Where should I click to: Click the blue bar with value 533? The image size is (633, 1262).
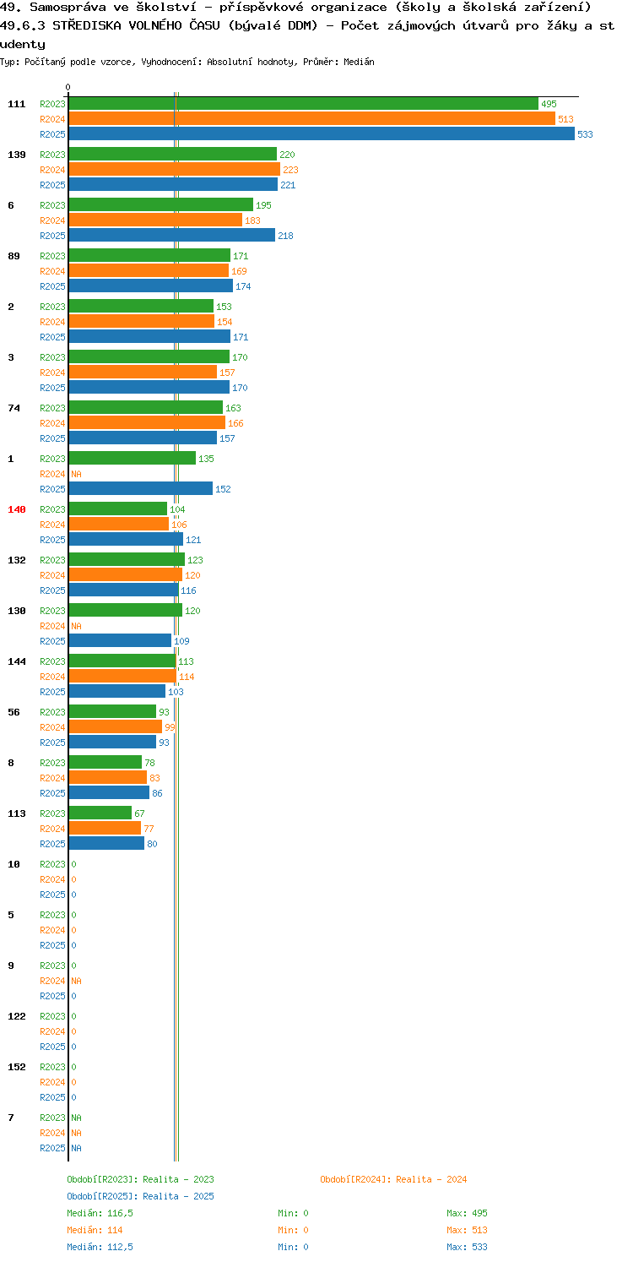[x=322, y=134]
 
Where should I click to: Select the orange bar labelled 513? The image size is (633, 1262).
[x=312, y=119]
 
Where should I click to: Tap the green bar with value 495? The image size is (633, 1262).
[x=304, y=104]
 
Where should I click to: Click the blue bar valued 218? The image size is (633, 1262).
[x=172, y=236]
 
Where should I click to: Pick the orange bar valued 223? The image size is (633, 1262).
[x=175, y=170]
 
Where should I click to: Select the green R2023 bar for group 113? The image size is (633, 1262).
[x=100, y=813]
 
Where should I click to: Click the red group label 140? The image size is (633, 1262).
[x=17, y=509]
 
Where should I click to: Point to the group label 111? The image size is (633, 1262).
[x=17, y=104]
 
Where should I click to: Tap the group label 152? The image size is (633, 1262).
[x=17, y=1067]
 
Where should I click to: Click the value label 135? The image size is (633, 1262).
[x=206, y=459]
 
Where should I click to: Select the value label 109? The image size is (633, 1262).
[x=181, y=641]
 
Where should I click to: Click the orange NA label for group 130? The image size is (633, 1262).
[x=76, y=626]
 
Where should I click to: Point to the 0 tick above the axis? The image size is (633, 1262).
[x=68, y=87]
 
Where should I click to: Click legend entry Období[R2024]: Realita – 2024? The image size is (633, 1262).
[x=393, y=1179]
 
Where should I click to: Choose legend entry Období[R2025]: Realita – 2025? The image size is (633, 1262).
[x=140, y=1196]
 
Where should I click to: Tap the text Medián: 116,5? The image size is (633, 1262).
[x=100, y=1213]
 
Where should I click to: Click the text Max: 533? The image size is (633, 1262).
[x=467, y=1247]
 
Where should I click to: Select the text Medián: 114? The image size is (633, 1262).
[x=95, y=1230]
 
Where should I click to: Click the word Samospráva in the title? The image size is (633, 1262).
[x=68, y=8]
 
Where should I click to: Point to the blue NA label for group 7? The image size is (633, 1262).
[x=76, y=1148]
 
